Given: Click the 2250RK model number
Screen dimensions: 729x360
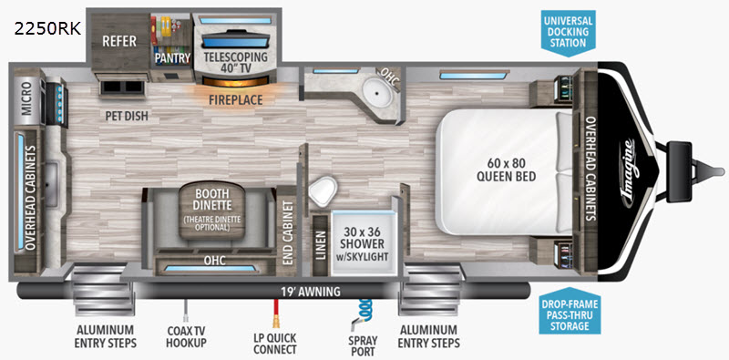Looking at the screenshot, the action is coord(47,29).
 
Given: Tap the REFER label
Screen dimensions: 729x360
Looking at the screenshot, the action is coord(119,41).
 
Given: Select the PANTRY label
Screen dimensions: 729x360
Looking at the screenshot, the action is coord(172,58).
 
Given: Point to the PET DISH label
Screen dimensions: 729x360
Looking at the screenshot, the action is coord(127,116).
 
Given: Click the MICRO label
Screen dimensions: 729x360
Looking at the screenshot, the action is coord(26,98).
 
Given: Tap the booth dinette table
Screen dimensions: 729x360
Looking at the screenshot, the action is coord(212,211).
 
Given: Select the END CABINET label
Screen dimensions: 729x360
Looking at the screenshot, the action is coord(287,233).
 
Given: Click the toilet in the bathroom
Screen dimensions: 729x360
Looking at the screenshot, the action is coord(323,190).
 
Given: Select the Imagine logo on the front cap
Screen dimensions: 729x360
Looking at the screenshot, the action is coord(628,172).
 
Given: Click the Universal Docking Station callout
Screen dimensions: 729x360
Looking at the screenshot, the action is coord(568,32).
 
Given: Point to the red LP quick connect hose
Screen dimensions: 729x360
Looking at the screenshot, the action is coord(275,314).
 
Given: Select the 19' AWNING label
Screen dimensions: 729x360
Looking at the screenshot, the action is coord(310,292).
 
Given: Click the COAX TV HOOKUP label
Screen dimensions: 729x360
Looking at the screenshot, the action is coord(187,336).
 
